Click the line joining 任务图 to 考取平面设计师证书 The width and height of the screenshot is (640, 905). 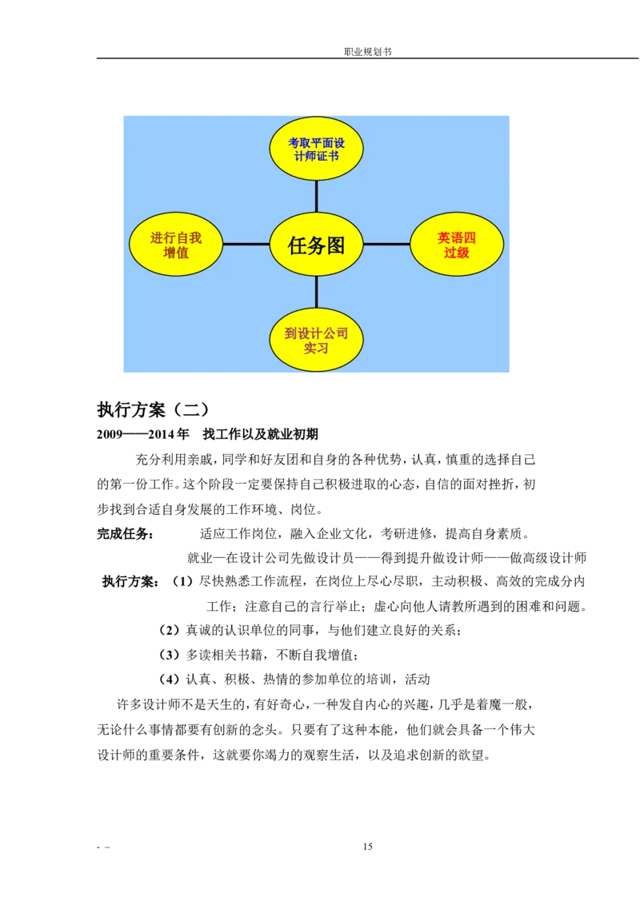click(x=316, y=196)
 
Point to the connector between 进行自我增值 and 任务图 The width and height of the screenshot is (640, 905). click(x=246, y=244)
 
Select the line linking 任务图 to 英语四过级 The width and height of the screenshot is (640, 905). click(x=386, y=244)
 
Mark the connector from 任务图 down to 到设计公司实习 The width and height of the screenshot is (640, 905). click(x=316, y=292)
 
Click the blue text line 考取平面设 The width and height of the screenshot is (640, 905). click(x=316, y=143)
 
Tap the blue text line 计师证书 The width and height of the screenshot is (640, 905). click(x=316, y=156)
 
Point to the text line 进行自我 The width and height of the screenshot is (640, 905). click(x=176, y=237)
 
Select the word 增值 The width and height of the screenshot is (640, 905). click(x=176, y=253)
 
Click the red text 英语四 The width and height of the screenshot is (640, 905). click(x=457, y=237)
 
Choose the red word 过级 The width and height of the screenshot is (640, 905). click(x=457, y=253)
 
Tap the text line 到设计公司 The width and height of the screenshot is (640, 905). click(x=316, y=333)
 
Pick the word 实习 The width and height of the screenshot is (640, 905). click(x=316, y=349)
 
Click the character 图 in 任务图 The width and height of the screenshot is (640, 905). click(x=335, y=245)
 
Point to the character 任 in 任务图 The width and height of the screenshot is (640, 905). click(x=297, y=245)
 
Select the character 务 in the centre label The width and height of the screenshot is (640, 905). click(x=316, y=245)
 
